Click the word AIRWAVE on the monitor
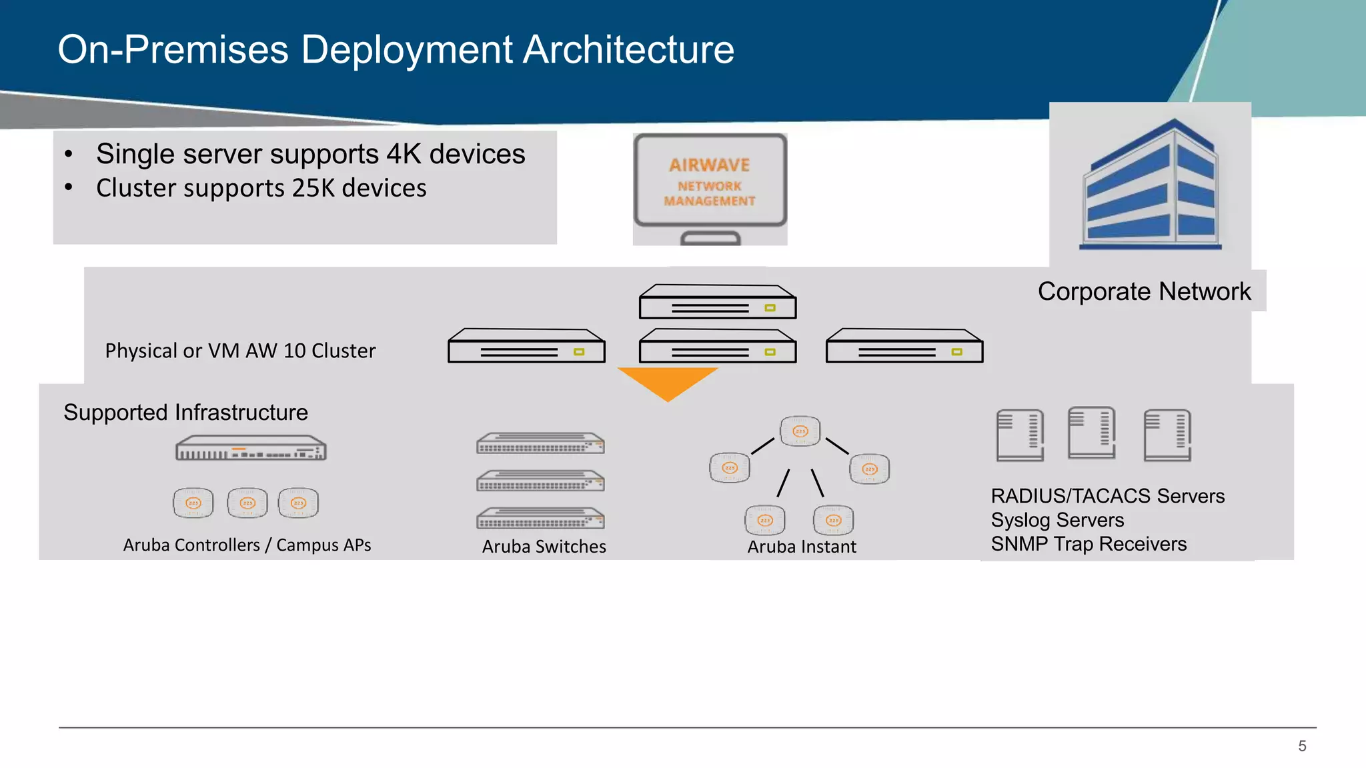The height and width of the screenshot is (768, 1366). point(709,165)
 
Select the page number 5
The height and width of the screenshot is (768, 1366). point(1302,746)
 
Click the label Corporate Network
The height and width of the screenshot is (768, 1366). point(1144,291)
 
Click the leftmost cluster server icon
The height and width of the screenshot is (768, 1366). point(526,346)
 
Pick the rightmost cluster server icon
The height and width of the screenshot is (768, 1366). point(904,346)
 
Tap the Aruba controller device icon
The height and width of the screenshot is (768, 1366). point(251,449)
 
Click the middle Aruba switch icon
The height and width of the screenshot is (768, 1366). point(540,481)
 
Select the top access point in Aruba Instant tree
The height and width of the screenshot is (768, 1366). point(800,431)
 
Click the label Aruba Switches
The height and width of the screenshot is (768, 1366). point(544,547)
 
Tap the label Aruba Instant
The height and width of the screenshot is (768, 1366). point(801,547)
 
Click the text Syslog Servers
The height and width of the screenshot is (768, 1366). point(1057,520)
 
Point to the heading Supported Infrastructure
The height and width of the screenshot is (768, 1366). point(185,413)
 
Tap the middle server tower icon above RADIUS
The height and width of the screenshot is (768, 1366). point(1091,433)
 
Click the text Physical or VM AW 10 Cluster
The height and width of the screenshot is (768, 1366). point(240,351)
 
